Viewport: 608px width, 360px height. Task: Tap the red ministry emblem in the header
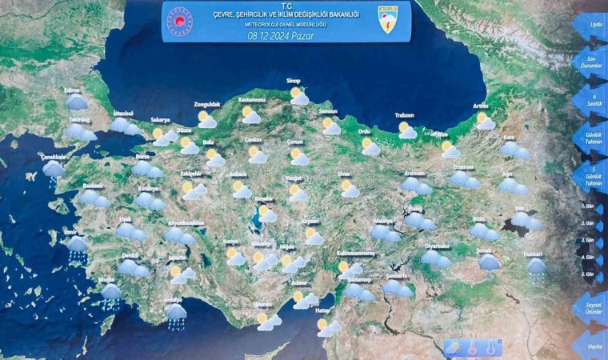pos(179,22)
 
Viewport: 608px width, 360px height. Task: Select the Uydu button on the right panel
pos(593,25)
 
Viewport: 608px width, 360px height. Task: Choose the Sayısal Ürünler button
pos(593,308)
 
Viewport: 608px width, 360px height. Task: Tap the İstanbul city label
pos(122,114)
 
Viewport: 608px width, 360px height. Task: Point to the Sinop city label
pos(294,81)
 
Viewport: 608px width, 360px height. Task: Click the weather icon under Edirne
pos(77,102)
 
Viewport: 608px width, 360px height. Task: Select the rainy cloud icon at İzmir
pos(78,247)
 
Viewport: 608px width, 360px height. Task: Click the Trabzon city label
pos(405,115)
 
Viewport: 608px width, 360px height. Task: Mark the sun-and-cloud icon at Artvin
pos(485,122)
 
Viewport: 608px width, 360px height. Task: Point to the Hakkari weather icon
pos(536,267)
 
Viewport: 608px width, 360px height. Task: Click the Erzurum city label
pos(463,167)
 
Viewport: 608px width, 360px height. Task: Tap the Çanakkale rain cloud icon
pos(54,170)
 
